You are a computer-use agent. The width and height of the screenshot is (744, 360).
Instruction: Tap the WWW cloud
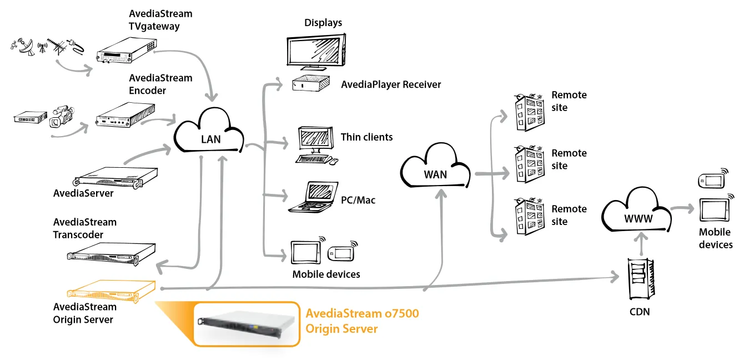(x=636, y=211)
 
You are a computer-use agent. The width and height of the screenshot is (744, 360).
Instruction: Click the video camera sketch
(x=62, y=116)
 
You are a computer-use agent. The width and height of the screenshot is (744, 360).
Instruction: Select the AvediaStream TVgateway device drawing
(x=126, y=51)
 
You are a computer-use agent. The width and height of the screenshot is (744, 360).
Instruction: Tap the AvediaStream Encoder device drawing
(x=125, y=114)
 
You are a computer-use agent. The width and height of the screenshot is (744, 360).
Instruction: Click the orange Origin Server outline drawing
(x=111, y=291)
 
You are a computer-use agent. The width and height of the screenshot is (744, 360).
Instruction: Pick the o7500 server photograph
(x=246, y=323)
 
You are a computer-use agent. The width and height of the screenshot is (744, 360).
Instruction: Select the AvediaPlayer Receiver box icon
(x=311, y=83)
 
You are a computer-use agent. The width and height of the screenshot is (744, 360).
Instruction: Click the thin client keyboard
(x=313, y=159)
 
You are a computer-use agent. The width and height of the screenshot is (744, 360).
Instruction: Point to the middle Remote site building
(x=530, y=164)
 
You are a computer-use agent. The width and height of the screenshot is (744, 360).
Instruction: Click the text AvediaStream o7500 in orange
(x=362, y=313)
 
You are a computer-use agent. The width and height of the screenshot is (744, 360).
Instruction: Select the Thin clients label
(x=366, y=137)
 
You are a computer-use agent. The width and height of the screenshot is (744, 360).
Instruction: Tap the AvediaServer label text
(x=83, y=193)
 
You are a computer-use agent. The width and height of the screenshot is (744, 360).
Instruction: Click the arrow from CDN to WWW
(x=642, y=244)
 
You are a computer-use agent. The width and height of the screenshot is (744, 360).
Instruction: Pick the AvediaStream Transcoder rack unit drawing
(x=111, y=254)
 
